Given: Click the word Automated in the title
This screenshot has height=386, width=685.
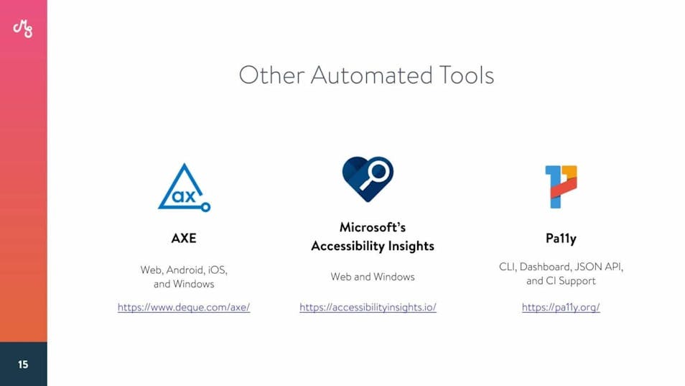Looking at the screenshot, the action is tap(371, 75).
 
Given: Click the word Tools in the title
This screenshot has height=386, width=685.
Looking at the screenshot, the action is tap(466, 75).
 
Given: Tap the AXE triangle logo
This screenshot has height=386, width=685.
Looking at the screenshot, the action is tap(184, 188).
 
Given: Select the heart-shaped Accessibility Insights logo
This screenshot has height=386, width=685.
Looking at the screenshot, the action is tap(368, 179).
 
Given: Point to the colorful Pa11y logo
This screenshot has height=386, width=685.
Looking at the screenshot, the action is tap(561, 187).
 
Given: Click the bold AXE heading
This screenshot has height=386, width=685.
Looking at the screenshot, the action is tap(184, 238).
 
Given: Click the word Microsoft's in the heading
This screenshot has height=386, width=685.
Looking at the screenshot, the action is tap(373, 227).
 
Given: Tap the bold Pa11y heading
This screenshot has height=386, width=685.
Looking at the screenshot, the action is tap(561, 239).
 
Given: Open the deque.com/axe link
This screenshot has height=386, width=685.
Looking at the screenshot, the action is tap(184, 308).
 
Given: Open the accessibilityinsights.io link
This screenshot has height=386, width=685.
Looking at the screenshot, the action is tap(368, 308).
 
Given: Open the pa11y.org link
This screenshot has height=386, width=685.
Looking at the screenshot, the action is tap(561, 308).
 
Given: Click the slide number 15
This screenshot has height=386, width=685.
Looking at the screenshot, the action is tap(23, 364).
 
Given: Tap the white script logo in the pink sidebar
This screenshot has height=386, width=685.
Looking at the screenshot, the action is tap(23, 29).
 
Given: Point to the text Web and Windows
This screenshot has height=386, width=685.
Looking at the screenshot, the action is tap(373, 277).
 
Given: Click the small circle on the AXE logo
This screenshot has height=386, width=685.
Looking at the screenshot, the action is tap(206, 207).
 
